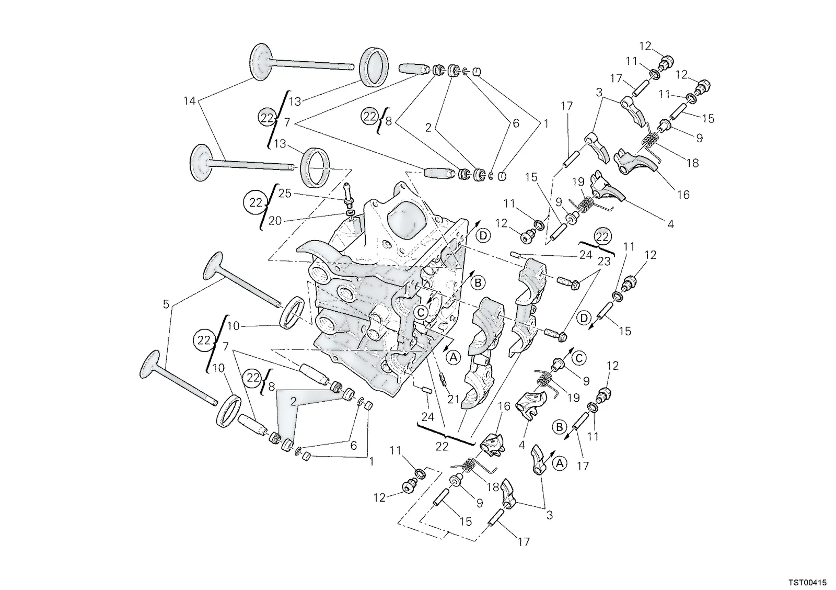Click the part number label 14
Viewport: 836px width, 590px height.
coord(190,101)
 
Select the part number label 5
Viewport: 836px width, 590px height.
coord(166,304)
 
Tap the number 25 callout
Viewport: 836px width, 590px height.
coord(285,194)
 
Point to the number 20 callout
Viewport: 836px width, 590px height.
coord(275,221)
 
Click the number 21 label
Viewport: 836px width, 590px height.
coord(454,400)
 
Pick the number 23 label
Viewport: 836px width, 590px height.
coord(604,261)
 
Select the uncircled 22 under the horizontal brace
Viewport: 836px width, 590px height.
coord(442,446)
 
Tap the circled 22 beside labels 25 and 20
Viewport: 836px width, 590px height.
coord(256,202)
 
